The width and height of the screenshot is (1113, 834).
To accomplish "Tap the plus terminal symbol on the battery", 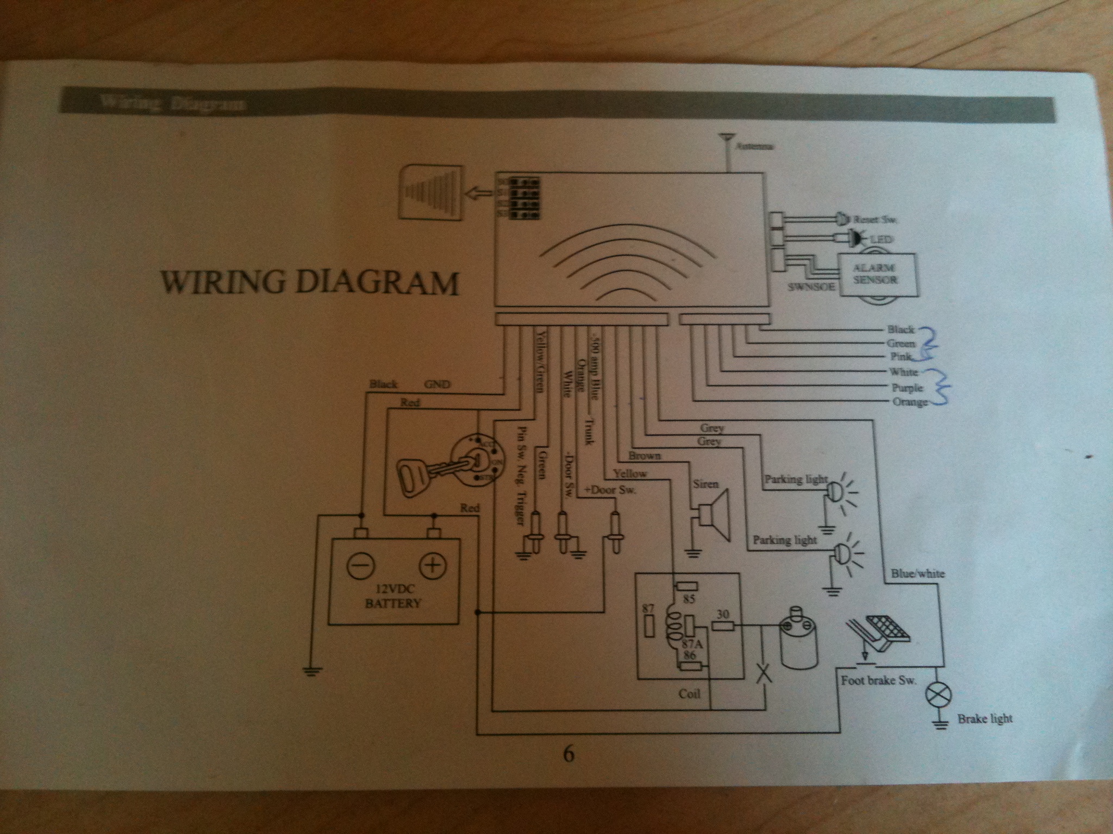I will point(432,566).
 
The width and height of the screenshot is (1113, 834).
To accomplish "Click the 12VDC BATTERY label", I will point(393,596).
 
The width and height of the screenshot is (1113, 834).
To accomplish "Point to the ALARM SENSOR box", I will point(877,274).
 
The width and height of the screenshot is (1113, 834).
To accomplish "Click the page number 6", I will point(568,754).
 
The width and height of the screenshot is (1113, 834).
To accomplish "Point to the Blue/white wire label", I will point(917,573).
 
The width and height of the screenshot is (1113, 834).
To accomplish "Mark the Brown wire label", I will point(645,456).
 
